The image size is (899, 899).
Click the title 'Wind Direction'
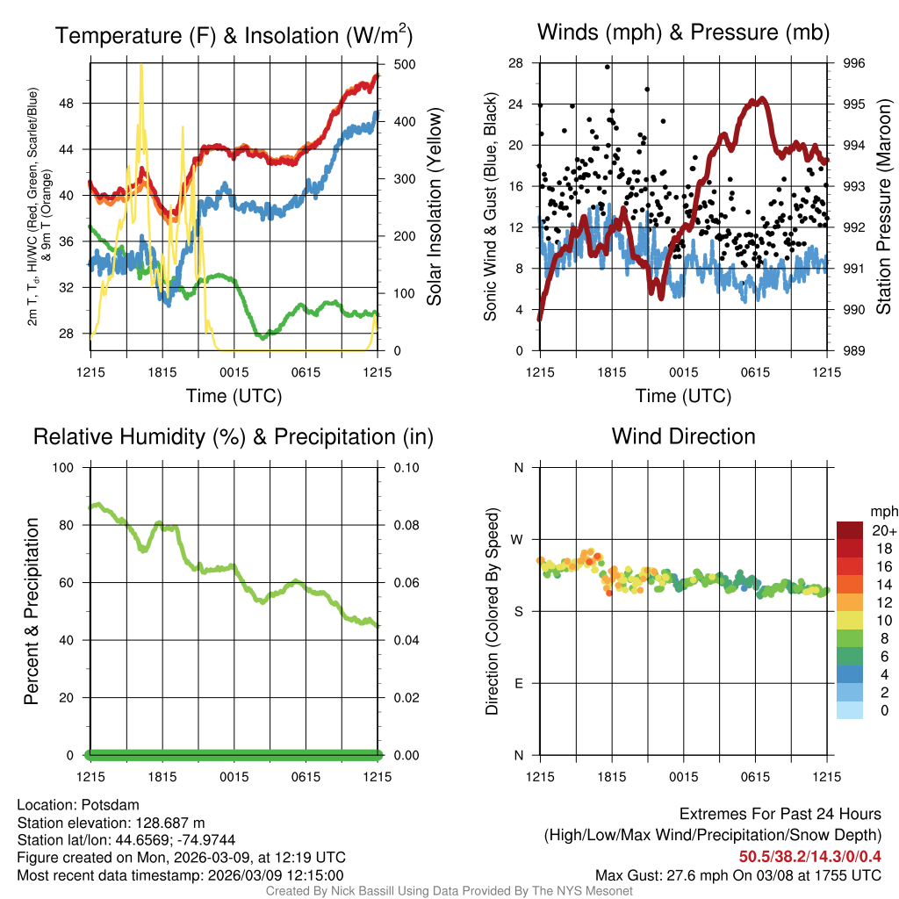pos(683,436)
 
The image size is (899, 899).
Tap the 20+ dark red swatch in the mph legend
pos(850,530)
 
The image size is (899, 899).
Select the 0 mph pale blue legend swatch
pos(850,710)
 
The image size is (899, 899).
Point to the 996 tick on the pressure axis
pos(854,63)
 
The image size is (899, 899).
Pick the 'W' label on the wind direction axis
pos(519,539)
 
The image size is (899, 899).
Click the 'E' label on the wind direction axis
pos(519,683)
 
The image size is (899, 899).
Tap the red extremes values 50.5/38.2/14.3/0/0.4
pos(809,857)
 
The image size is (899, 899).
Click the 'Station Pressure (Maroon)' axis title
pos(884,207)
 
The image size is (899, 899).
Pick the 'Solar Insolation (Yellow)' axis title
pos(435,207)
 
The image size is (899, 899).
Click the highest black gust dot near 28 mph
pos(608,67)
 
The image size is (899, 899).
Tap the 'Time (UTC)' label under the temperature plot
pos(234,396)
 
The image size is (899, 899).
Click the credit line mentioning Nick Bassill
pos(449,891)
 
